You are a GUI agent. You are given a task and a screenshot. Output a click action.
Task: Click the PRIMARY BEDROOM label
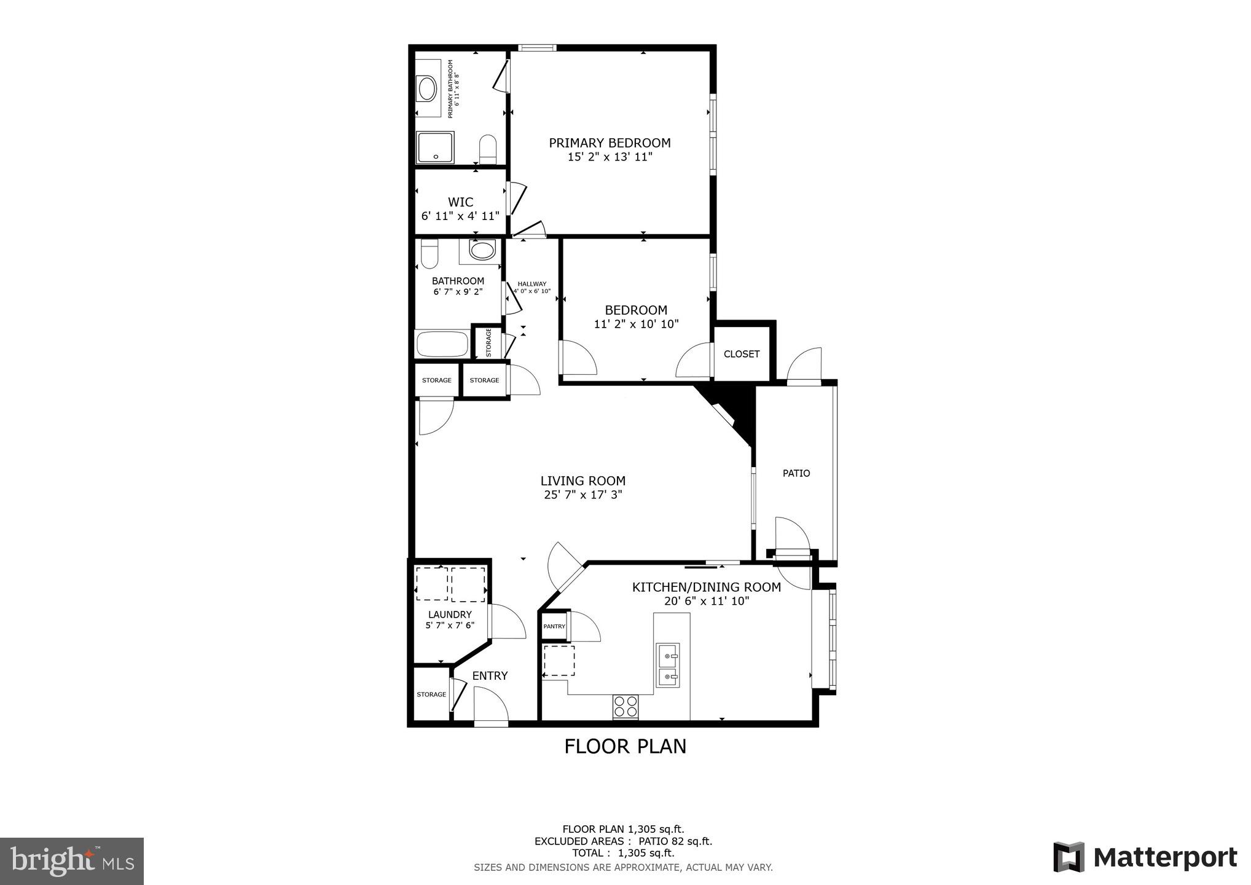tap(609, 143)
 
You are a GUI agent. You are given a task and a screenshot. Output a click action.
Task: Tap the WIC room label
tap(460, 202)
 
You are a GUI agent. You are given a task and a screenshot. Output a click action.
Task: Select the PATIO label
tap(796, 473)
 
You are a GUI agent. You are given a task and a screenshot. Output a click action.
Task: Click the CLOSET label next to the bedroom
tap(741, 354)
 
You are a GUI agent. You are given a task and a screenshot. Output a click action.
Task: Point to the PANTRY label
tap(554, 626)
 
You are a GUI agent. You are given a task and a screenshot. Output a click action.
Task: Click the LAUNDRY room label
tap(450, 615)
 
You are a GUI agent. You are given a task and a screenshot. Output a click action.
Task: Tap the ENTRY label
tap(490, 675)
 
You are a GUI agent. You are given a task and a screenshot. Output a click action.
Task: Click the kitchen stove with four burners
tap(625, 707)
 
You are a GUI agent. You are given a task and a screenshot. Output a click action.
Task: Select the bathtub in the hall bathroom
tap(442, 344)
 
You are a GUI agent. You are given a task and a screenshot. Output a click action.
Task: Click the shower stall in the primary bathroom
tap(435, 147)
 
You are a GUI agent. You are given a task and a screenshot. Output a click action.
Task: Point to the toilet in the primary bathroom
tap(488, 149)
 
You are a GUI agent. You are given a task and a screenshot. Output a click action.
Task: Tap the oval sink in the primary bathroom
tap(426, 88)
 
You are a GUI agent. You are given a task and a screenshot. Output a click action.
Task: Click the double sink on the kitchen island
tap(667, 664)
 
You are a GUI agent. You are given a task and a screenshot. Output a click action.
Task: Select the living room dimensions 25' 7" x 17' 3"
tap(583, 495)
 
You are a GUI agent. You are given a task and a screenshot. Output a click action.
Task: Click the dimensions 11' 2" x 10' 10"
tap(636, 324)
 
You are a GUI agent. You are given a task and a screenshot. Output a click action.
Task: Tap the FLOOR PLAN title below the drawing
tap(625, 746)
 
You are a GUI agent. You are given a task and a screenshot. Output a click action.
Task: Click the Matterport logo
tap(1145, 857)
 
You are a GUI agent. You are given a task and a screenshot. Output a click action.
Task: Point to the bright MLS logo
tap(72, 861)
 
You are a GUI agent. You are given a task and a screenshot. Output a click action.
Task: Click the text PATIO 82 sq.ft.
tap(675, 841)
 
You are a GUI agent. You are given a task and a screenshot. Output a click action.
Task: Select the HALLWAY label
tap(531, 284)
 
